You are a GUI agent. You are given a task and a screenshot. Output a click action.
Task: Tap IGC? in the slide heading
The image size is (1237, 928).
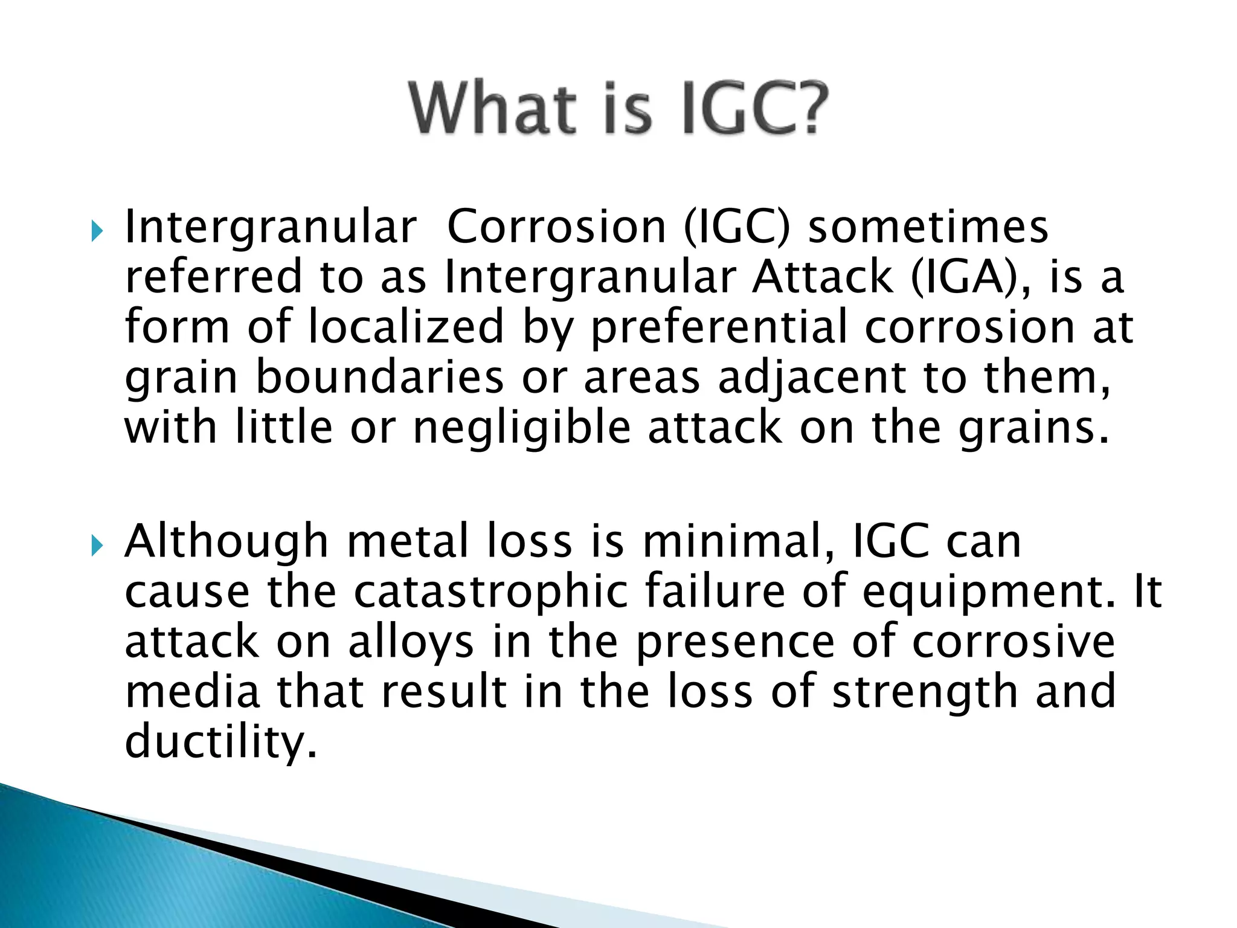(754, 109)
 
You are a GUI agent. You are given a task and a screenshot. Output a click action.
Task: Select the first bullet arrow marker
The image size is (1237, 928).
(97, 230)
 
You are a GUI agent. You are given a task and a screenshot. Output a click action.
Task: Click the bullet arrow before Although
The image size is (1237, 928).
(97, 545)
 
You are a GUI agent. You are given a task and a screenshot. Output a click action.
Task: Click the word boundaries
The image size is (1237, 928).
(380, 377)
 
